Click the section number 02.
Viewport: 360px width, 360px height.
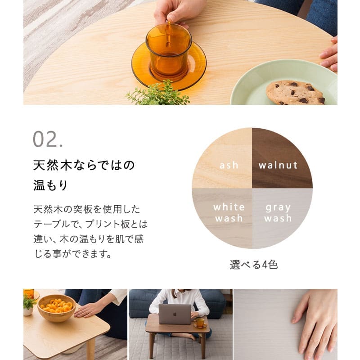(48, 140)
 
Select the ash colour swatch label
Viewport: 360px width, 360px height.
(229, 165)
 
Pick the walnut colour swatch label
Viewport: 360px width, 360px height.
(278, 165)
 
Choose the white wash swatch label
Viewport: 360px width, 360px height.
(229, 213)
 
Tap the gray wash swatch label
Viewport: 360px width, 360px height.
(278, 213)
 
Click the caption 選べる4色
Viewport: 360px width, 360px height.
(253, 265)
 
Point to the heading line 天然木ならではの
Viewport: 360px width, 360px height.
(84, 165)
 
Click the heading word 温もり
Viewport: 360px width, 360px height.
(50, 185)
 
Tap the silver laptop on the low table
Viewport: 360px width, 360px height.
(175, 314)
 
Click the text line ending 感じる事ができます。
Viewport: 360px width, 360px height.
(73, 254)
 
